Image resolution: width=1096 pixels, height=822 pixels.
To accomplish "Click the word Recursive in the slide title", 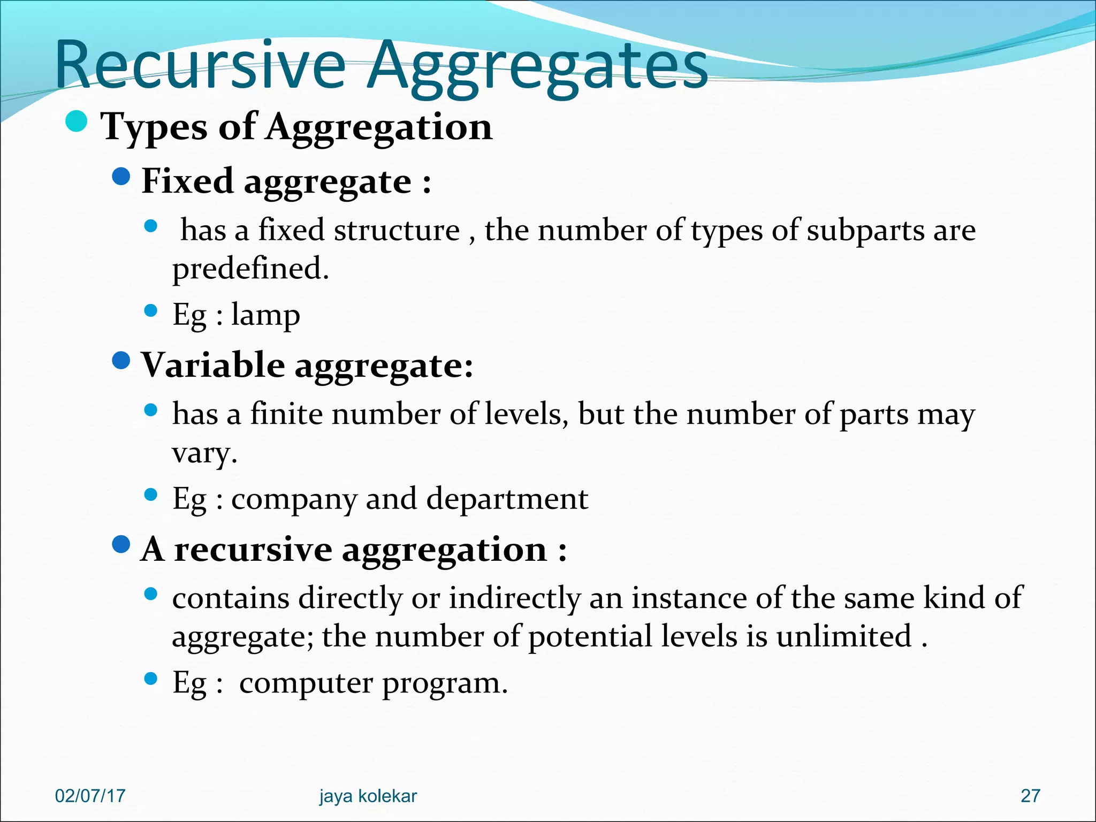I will pyautogui.click(x=200, y=66).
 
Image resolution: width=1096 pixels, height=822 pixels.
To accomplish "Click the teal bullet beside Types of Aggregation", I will pyautogui.click(x=77, y=121).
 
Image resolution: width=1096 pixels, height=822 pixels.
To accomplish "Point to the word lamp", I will pyautogui.click(x=265, y=315).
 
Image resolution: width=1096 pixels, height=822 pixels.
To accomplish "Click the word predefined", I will pyautogui.click(x=250, y=268).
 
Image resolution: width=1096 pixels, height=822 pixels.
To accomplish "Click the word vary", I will pyautogui.click(x=204, y=453).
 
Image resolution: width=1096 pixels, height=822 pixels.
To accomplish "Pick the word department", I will pyautogui.click(x=507, y=499).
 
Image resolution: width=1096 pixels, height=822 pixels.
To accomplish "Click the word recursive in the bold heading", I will pyautogui.click(x=253, y=550).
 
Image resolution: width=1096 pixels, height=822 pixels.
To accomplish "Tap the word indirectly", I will pyautogui.click(x=514, y=598).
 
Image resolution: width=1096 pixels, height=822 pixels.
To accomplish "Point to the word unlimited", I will pyautogui.click(x=844, y=636).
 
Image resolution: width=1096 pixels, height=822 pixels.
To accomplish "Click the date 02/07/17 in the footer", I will pyautogui.click(x=90, y=796).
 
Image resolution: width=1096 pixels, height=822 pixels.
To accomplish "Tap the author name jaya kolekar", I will pyautogui.click(x=368, y=796).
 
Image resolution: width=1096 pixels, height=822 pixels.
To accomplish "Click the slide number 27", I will pyautogui.click(x=1030, y=796).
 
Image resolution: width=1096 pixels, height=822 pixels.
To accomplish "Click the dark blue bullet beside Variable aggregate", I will pyautogui.click(x=122, y=361).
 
